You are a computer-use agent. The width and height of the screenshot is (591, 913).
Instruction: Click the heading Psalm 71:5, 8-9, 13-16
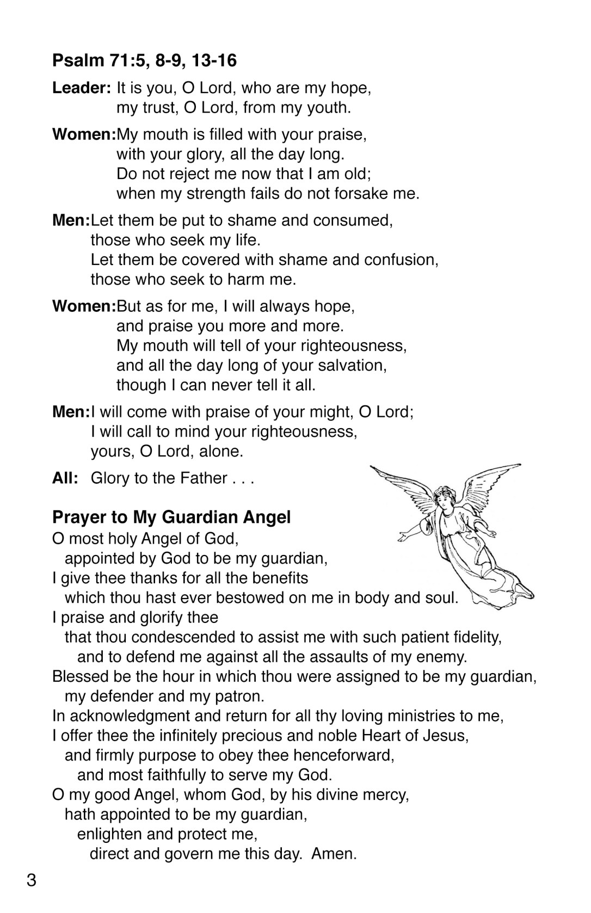144,60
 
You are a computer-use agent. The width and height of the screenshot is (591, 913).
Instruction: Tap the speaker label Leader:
82,88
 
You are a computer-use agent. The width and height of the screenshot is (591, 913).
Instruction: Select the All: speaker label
65,478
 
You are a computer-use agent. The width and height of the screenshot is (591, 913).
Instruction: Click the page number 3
32,880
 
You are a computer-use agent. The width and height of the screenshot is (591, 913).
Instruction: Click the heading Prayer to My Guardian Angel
171,517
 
